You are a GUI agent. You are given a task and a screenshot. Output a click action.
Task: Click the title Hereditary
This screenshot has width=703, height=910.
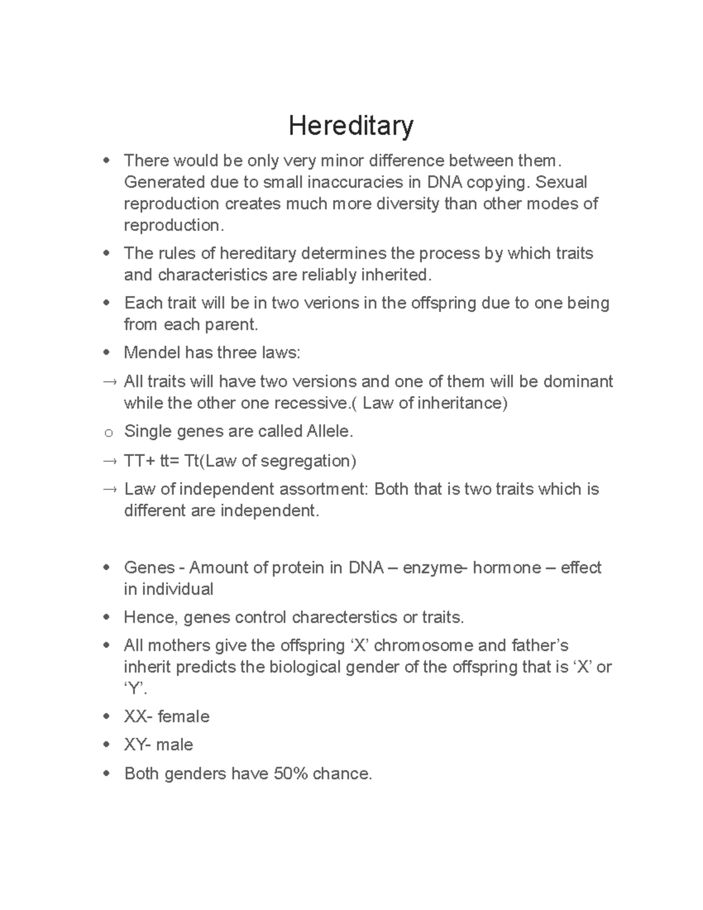[x=351, y=126]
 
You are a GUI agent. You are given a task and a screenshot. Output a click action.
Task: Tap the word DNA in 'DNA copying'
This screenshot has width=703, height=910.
[x=444, y=182]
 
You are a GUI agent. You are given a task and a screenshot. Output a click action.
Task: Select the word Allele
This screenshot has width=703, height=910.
[x=329, y=432]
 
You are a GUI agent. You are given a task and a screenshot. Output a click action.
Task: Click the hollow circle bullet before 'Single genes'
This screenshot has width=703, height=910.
[x=108, y=434]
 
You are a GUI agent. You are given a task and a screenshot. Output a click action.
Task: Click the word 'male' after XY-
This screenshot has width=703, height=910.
[x=175, y=745]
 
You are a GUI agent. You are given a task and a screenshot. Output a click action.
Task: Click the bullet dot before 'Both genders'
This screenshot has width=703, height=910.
[x=106, y=774]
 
